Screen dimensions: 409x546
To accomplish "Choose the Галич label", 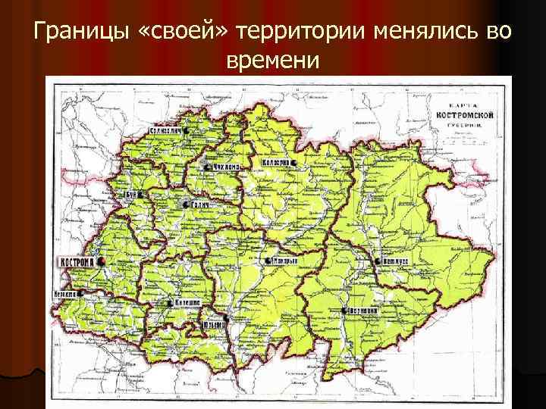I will point(199,204).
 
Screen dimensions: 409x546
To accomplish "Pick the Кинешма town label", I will point(187,302).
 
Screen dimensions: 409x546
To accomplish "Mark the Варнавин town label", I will point(364,311).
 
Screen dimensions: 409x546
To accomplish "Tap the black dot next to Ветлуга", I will point(376,261).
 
